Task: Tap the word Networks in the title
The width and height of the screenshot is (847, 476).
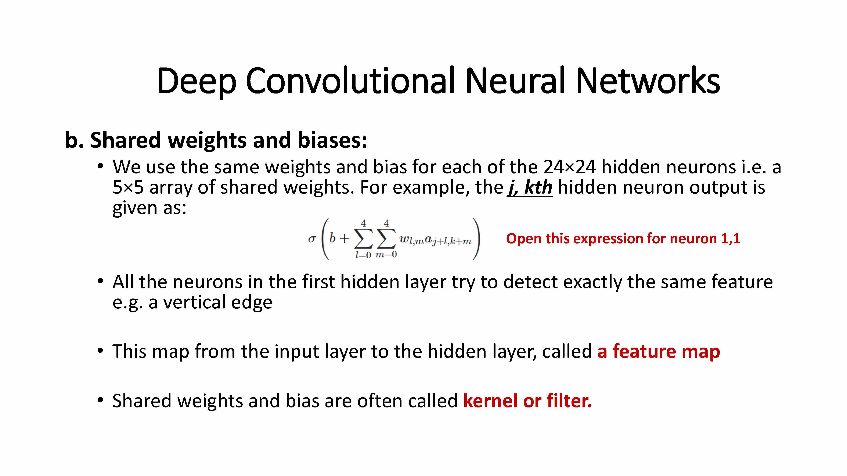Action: (648, 80)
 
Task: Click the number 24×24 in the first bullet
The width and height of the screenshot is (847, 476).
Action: (569, 167)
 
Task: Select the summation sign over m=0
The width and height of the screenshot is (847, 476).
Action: (386, 239)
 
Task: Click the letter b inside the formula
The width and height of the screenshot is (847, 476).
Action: (332, 238)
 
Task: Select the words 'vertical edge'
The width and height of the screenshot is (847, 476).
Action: (218, 302)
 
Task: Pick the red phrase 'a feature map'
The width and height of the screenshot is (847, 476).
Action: (659, 351)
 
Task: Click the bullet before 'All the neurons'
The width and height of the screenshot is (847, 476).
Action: (100, 282)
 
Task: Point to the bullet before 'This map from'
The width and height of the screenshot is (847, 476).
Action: (100, 351)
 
